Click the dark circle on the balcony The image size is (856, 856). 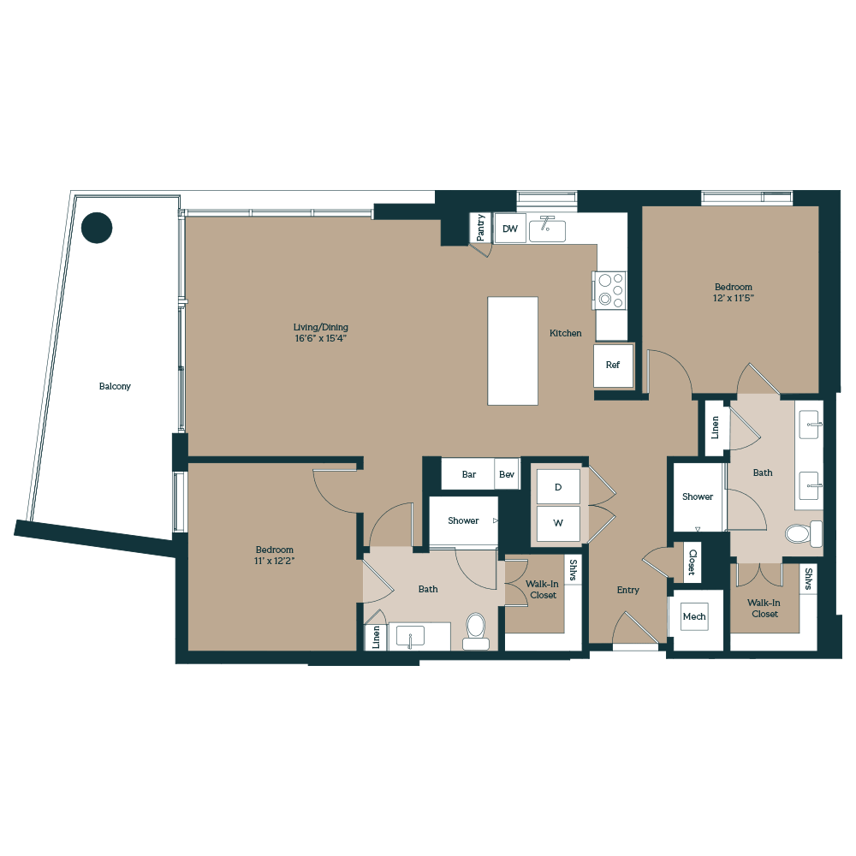pos(97,227)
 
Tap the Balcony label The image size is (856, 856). pos(115,386)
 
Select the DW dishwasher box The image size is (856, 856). pos(510,229)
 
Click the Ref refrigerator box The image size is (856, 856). pos(613,365)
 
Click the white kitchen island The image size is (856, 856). pos(513,350)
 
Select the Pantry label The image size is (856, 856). pos(481,228)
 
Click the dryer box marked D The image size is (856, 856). pos(557,487)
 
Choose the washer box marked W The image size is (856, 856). pos(557,522)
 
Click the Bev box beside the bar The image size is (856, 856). pos(507,474)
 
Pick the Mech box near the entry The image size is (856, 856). pos(694,616)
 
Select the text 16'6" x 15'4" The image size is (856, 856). pos(321,338)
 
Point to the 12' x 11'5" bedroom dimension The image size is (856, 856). pos(734,298)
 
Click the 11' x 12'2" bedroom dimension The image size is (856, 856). pos(274,561)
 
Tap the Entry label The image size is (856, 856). pos(628,590)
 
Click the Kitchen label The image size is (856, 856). pos(565,333)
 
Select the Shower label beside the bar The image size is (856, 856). pos(463,520)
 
